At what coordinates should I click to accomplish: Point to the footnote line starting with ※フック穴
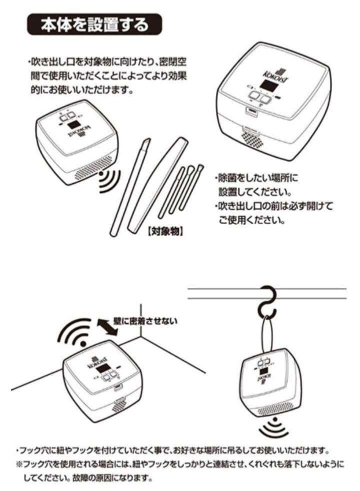(180, 465)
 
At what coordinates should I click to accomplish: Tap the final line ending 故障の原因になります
(87, 478)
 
